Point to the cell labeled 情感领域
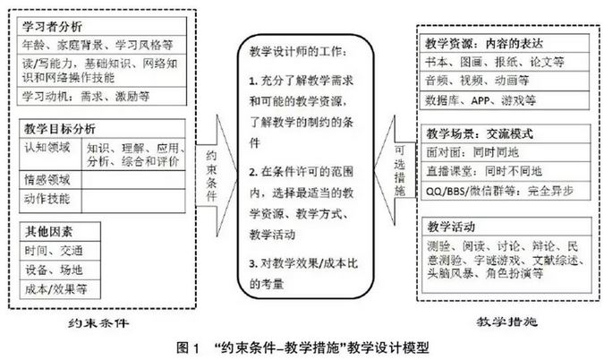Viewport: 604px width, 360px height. point(46,179)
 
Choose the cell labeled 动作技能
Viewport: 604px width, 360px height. point(46,198)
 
